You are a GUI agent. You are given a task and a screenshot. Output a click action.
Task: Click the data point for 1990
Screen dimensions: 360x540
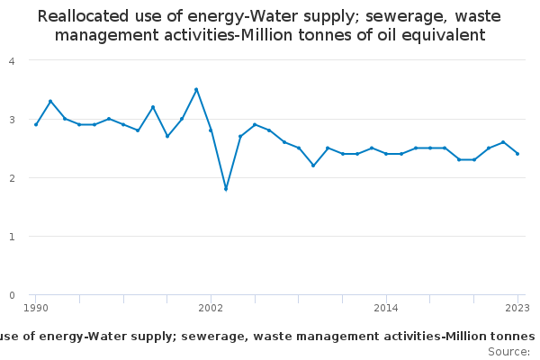coord(36,124)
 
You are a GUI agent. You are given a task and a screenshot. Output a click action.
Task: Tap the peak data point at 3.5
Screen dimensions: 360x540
coord(196,89)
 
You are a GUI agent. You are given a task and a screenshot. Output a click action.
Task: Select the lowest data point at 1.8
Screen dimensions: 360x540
coord(226,189)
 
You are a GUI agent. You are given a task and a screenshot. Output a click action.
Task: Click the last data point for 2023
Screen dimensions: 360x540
coord(517,154)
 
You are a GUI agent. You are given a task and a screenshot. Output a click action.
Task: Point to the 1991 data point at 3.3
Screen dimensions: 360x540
coord(50,101)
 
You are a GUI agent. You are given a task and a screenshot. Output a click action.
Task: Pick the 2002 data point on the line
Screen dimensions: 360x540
coord(211,130)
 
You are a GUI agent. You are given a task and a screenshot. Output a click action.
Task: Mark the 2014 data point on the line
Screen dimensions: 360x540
coord(386,154)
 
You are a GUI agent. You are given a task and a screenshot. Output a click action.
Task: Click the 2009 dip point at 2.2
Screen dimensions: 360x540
coord(313,166)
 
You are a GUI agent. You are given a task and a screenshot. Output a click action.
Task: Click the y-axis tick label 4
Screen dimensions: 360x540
coord(11,60)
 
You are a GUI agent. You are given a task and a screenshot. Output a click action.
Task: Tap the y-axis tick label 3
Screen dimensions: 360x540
coord(11,119)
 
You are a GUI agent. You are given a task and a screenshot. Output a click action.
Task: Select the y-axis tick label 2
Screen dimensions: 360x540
coord(11,177)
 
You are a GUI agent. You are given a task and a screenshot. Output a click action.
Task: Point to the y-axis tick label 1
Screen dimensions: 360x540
coord(11,236)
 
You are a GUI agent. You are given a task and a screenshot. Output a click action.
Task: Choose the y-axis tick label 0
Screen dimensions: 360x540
coord(11,294)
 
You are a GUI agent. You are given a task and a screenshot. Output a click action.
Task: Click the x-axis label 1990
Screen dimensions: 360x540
coord(36,308)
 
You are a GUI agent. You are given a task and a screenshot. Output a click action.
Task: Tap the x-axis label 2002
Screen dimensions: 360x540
coord(211,308)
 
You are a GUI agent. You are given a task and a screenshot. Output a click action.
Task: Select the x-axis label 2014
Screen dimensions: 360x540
coord(386,308)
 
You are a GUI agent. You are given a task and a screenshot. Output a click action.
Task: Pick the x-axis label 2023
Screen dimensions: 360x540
coord(517,308)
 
